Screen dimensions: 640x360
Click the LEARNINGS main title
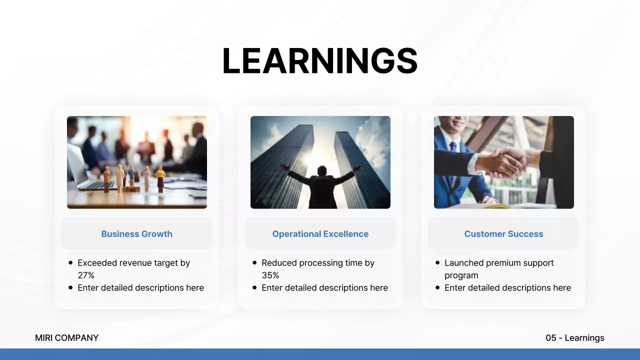[x=320, y=61]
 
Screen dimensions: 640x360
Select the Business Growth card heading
[x=137, y=233]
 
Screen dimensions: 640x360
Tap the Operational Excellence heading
[x=320, y=233]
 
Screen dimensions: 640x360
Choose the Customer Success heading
[x=503, y=233]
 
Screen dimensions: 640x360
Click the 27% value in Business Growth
[x=86, y=275]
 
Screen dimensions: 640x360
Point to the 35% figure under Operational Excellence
[x=270, y=275]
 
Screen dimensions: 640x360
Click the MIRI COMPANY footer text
[x=66, y=337]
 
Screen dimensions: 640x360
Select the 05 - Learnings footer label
[x=575, y=337]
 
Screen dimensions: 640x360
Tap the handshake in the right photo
[x=504, y=163]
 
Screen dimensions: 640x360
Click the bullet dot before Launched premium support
[x=437, y=262]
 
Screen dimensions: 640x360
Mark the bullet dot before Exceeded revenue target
[x=70, y=262]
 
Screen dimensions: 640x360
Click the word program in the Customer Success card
[x=461, y=275]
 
